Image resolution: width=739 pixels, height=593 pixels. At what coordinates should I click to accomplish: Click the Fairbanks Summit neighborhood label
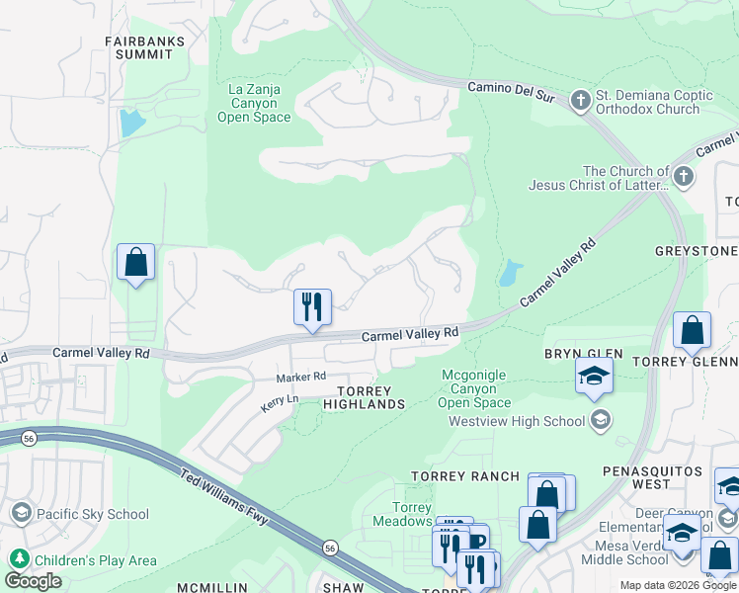[x=139, y=47]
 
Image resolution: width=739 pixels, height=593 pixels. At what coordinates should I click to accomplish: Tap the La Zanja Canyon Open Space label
[x=254, y=103]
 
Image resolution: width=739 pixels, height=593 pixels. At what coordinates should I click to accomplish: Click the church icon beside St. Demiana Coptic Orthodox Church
[x=580, y=100]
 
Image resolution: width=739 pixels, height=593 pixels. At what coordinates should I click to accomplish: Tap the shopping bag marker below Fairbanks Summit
[x=135, y=263]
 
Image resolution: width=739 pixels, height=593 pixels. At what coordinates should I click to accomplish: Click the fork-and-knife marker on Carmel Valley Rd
[x=312, y=307]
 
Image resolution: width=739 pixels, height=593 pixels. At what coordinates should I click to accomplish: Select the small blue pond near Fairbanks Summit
[x=129, y=124]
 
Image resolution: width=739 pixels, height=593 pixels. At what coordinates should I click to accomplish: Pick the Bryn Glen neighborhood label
[x=583, y=353]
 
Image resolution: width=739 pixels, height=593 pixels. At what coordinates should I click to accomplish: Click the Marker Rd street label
[x=300, y=377]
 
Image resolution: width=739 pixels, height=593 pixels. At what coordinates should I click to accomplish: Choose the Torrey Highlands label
[x=365, y=397]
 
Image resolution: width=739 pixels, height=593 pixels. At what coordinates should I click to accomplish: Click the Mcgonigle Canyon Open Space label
[x=474, y=387]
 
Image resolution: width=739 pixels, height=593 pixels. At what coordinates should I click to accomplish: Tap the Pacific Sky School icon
[x=21, y=513]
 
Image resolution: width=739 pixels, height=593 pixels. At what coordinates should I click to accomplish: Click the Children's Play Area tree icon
[x=18, y=559]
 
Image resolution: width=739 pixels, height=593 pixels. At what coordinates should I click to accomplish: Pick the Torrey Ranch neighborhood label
[x=465, y=476]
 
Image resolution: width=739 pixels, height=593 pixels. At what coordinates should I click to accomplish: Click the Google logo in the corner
[x=33, y=581]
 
